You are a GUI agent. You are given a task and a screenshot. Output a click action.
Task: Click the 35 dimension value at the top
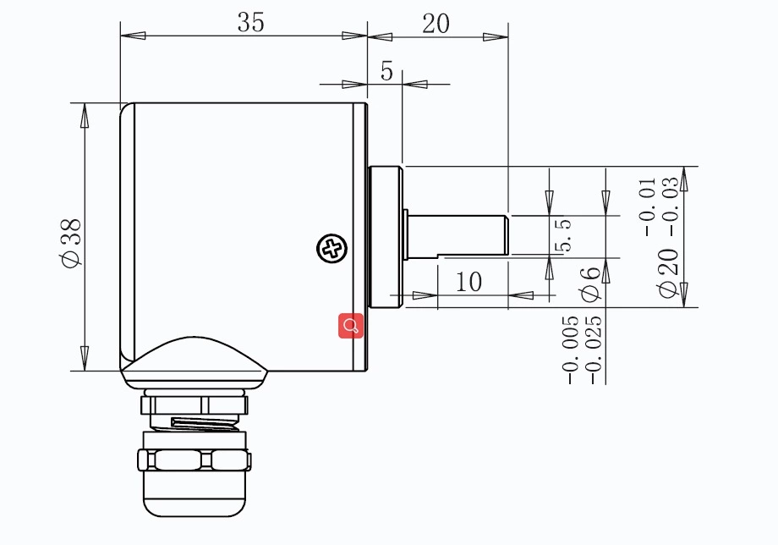pyautogui.click(x=250, y=23)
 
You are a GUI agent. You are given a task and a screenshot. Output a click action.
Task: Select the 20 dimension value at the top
pyautogui.click(x=436, y=23)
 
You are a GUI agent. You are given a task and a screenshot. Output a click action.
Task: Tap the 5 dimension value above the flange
pyautogui.click(x=386, y=72)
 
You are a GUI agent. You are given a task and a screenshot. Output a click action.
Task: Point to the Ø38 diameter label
pyautogui.click(x=71, y=242)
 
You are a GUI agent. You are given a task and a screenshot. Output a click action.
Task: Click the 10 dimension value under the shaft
pyautogui.click(x=468, y=282)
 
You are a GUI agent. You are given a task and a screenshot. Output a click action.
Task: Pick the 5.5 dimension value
pyautogui.click(x=563, y=235)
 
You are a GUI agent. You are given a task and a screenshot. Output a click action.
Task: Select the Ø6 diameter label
pyautogui.click(x=590, y=283)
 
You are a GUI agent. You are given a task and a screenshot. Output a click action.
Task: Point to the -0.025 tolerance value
pyautogui.click(x=594, y=350)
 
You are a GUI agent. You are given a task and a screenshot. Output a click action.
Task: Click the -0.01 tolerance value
pyautogui.click(x=649, y=206)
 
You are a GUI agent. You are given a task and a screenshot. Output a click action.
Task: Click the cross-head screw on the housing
pyautogui.click(x=331, y=249)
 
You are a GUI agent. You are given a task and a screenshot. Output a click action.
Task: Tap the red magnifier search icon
pyautogui.click(x=351, y=325)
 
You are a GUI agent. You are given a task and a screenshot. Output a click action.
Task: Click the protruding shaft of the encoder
pyautogui.click(x=457, y=234)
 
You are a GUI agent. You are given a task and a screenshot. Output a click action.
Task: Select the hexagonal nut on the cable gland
pyautogui.click(x=194, y=460)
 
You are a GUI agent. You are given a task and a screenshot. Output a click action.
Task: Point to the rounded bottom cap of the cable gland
pyautogui.click(x=194, y=499)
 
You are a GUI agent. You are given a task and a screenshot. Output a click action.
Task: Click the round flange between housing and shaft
pyautogui.click(x=386, y=236)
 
